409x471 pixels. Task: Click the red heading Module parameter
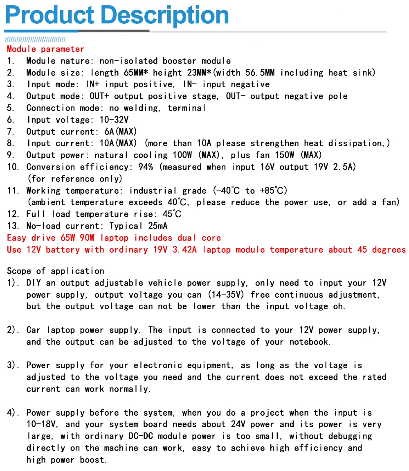(45, 49)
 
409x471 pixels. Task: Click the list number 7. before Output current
(11, 132)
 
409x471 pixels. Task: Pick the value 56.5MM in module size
(256, 73)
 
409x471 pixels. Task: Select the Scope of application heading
(56, 271)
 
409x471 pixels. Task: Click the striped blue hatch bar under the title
(35, 40)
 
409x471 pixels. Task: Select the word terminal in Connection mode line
(187, 108)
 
